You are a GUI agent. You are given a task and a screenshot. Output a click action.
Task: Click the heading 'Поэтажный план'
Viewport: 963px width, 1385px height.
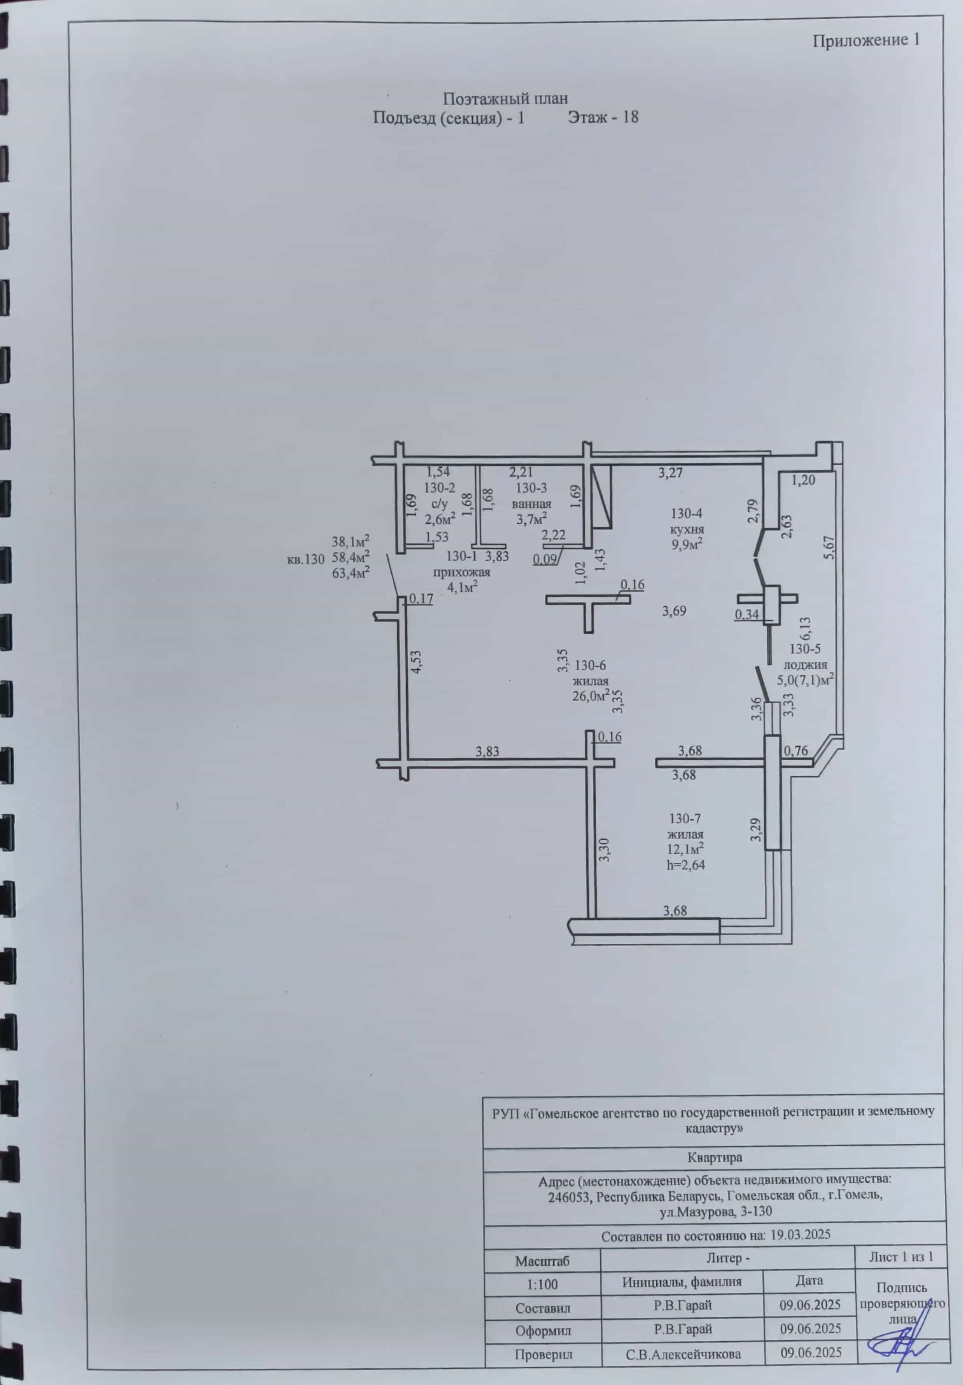[506, 98]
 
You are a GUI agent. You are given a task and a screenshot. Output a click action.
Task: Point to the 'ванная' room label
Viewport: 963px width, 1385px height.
[531, 504]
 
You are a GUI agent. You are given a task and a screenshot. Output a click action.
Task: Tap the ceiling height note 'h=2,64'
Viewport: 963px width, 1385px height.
[685, 865]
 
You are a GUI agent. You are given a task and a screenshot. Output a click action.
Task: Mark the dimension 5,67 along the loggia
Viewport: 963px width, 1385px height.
[830, 548]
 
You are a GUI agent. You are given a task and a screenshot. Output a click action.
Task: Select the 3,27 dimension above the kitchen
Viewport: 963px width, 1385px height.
[670, 473]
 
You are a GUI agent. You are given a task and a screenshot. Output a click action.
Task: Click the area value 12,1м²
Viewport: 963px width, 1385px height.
[685, 849]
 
